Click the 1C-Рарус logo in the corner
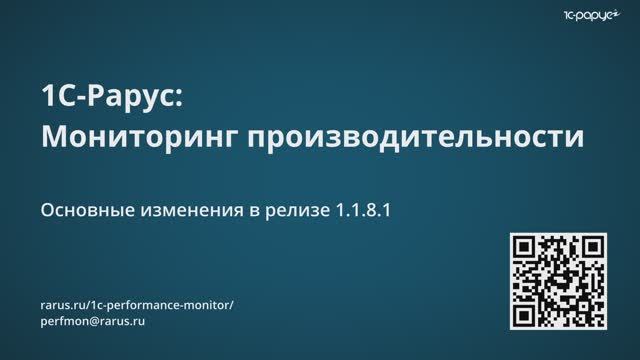pyautogui.click(x=595, y=15)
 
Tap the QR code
pyautogui.click(x=559, y=282)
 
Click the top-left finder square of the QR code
pyautogui.click(x=525, y=248)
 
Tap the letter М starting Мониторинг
pyautogui.click(x=53, y=137)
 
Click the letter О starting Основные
pyautogui.click(x=46, y=211)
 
